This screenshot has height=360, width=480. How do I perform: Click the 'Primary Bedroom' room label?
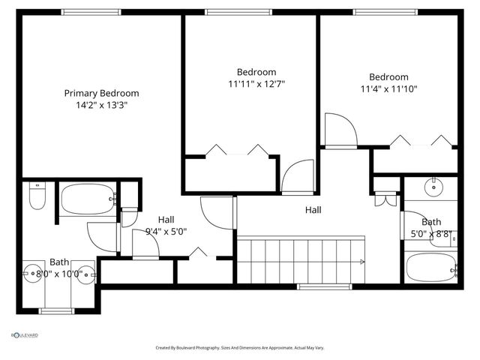(101, 93)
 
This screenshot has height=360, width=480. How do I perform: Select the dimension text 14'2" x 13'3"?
(101, 106)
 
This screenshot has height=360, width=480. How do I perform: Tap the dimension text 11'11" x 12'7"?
(256, 84)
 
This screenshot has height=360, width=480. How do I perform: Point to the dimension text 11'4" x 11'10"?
(388, 88)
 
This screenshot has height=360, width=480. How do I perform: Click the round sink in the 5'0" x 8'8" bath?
(433, 187)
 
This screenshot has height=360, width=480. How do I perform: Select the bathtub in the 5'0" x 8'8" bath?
(430, 266)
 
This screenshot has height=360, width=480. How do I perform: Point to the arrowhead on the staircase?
(363, 262)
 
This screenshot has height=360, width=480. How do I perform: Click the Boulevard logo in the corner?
(24, 335)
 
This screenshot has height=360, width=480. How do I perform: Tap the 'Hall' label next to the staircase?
(313, 210)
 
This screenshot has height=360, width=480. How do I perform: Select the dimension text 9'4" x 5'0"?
(166, 231)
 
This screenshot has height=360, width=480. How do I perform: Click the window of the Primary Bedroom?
(91, 12)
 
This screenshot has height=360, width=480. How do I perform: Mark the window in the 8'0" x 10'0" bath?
(55, 310)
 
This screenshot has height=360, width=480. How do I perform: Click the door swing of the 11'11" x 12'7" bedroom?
(297, 177)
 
